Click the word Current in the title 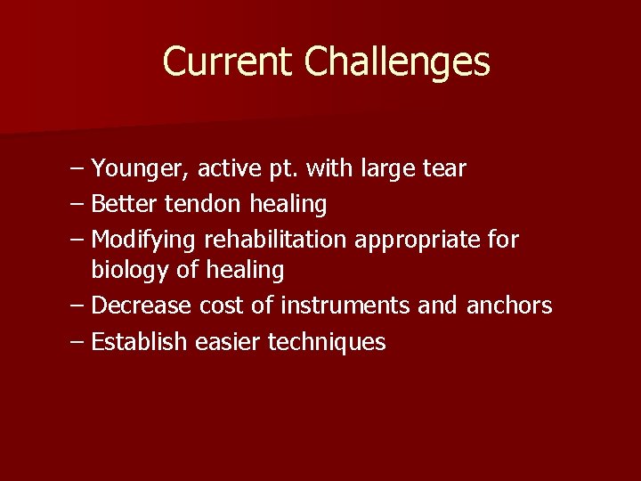click(x=227, y=62)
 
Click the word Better click(x=123, y=204)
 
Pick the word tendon click(x=202, y=204)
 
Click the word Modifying click(x=144, y=240)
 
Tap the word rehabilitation click(x=278, y=240)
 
